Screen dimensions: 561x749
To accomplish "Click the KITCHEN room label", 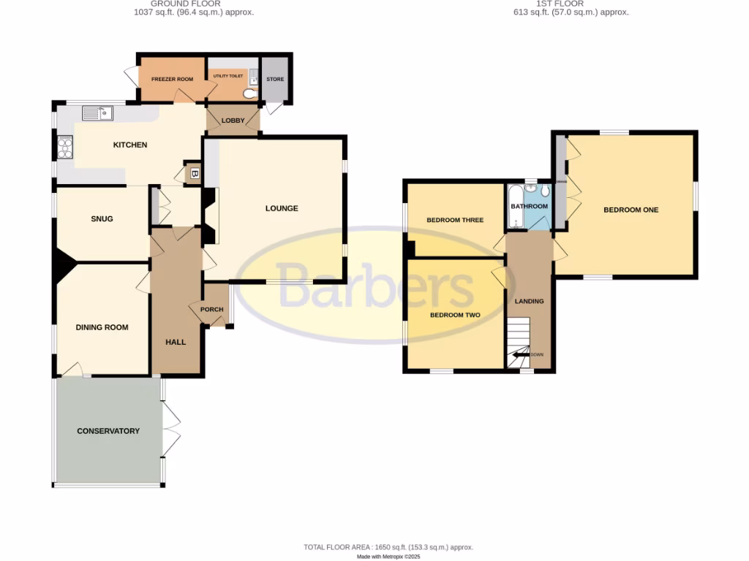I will (x=129, y=145).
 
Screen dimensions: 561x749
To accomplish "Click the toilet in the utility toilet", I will (x=249, y=93).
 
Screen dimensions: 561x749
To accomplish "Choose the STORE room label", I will (x=275, y=79).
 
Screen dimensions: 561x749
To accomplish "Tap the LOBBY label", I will (x=233, y=121).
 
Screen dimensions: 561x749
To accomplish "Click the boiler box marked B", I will (x=194, y=174).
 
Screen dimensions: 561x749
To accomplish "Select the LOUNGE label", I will (x=282, y=208).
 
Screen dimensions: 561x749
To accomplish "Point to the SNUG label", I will (x=102, y=218).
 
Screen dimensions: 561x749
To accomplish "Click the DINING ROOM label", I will (x=102, y=327).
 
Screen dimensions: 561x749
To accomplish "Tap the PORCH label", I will (x=211, y=310).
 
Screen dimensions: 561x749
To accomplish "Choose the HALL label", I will (x=175, y=341).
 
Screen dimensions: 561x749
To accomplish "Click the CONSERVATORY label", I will (x=108, y=431).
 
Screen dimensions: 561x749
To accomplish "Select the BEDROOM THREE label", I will (x=455, y=220).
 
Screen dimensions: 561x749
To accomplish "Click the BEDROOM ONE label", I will (x=631, y=210).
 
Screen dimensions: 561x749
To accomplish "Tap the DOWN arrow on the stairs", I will (x=522, y=355).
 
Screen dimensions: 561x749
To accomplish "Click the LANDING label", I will (x=529, y=301).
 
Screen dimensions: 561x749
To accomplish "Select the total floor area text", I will (x=388, y=547).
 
